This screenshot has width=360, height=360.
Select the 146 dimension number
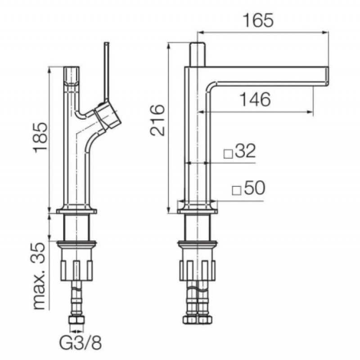[255, 99]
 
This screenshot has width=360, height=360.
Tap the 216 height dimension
[157, 120]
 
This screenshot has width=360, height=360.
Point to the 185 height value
[40, 137]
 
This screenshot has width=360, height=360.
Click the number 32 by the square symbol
[245, 151]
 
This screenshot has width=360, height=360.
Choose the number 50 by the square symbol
[254, 188]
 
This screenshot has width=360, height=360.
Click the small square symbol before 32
[228, 154]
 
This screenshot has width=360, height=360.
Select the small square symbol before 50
[237, 191]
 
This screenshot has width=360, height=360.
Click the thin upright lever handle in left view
[107, 72]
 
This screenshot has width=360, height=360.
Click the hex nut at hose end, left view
[76, 320]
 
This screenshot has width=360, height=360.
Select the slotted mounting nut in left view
[77, 270]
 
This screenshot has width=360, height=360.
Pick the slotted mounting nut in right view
[197, 270]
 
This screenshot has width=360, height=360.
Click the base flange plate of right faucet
[197, 211]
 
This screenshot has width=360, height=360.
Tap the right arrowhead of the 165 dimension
[326, 32]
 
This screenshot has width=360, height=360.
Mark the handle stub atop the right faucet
[197, 54]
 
